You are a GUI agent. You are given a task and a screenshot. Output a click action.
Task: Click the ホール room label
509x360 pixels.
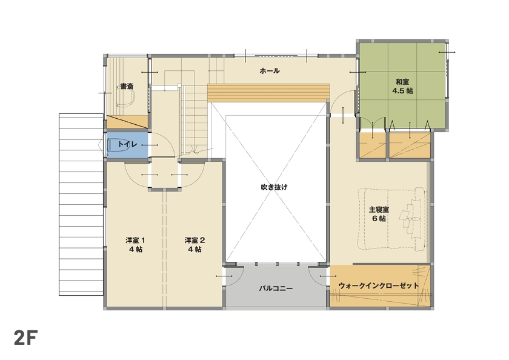(270, 71)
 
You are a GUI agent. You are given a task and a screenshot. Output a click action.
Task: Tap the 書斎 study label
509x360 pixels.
(127, 87)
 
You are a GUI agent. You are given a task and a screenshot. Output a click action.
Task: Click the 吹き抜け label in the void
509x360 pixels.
(274, 187)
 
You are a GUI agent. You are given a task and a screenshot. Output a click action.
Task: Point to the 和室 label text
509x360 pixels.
(402, 82)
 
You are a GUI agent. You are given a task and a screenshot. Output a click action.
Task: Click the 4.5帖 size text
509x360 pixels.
(402, 91)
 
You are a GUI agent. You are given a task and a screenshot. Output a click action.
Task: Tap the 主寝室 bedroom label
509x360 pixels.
(379, 210)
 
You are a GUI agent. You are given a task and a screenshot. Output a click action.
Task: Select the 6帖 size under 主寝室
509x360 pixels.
(379, 219)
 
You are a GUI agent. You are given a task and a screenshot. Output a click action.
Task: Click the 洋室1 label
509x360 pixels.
(135, 240)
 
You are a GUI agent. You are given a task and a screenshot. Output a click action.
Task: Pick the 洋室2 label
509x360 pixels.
(195, 240)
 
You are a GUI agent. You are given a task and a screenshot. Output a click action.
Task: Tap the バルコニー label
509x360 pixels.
(276, 288)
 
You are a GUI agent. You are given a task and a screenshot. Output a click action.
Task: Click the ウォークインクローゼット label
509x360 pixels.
(379, 285)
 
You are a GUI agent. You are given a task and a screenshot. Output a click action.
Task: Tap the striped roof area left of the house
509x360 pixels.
(80, 203)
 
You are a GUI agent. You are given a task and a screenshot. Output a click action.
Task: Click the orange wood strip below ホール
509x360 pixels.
(269, 93)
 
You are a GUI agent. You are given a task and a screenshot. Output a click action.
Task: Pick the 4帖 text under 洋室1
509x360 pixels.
(135, 249)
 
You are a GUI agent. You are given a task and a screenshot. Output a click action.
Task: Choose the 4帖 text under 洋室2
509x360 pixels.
(195, 249)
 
